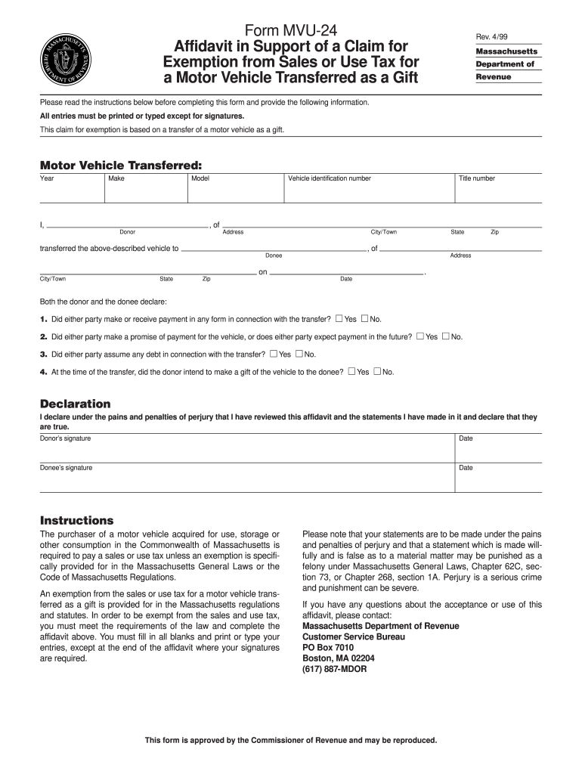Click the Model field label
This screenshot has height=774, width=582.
click(200, 178)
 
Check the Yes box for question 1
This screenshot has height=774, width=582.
click(339, 318)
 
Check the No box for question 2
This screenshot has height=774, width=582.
click(446, 336)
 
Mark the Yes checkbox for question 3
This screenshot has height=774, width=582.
click(274, 354)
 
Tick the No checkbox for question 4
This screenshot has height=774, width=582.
click(377, 371)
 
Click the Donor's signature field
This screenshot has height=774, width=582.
click(246, 447)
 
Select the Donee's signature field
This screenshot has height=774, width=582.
click(246, 476)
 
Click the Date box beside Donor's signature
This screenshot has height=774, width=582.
click(498, 447)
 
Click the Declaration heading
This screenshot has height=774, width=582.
click(75, 404)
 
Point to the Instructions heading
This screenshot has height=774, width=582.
click(76, 521)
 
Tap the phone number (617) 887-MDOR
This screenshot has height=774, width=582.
click(334, 669)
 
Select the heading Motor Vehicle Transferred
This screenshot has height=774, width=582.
click(120, 164)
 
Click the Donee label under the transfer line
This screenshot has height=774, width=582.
click(274, 255)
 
